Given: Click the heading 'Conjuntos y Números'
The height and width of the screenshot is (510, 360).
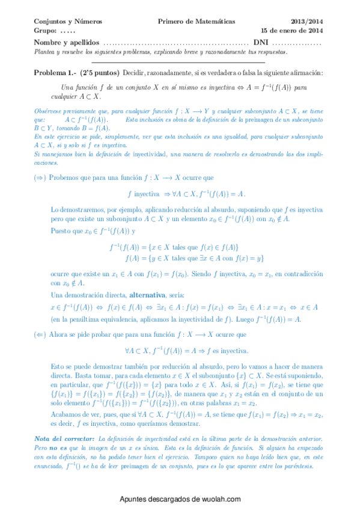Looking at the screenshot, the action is click(x=68, y=21).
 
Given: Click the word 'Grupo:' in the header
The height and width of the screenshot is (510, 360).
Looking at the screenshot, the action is click(x=46, y=30).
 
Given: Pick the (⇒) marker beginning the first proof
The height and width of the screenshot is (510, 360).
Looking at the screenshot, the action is click(x=40, y=179).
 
